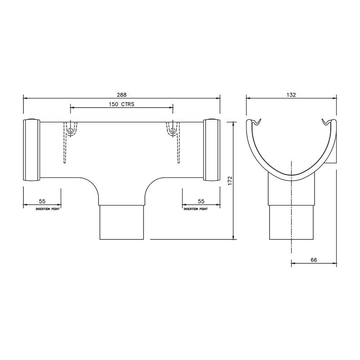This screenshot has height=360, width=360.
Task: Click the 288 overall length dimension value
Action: pos(121,94)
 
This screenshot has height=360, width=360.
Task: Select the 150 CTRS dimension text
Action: pos(122,104)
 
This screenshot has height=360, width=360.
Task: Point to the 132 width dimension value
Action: pos(291,94)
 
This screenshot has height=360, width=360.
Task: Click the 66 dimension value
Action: pos(314,260)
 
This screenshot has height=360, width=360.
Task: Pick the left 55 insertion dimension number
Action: pos(41,202)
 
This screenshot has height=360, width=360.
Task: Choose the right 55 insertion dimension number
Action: pos(201,202)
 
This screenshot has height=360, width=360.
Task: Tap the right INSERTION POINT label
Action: pos(195,209)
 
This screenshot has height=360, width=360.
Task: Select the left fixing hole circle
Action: pos(70,131)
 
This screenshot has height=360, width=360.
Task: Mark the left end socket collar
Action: pos(31,150)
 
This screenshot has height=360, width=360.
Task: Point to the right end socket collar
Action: pos(211,150)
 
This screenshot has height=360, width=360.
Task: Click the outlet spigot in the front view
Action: pos(121,223)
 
